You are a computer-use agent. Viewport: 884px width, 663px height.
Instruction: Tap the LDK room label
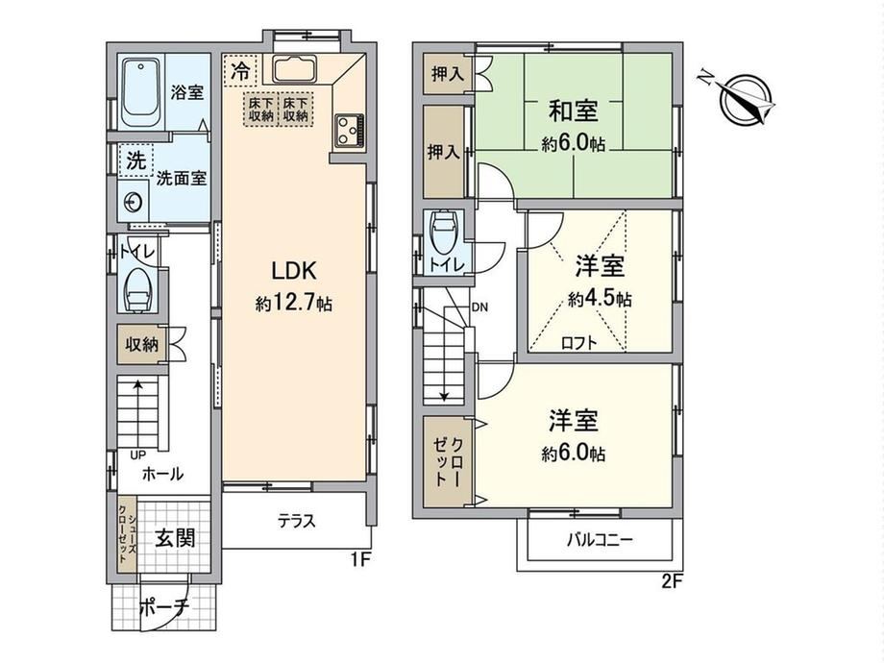click(294, 271)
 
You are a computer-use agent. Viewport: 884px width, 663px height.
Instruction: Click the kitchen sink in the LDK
click(295, 69)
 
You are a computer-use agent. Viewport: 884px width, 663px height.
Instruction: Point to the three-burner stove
click(350, 131)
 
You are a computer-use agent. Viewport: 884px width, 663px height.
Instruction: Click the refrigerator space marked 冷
click(241, 70)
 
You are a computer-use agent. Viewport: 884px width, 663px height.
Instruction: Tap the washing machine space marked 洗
click(135, 161)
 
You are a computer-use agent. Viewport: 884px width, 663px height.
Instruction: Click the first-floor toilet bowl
click(138, 290)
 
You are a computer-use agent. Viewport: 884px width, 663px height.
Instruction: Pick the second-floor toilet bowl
click(445, 233)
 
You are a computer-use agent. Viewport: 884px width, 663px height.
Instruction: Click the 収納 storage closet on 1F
click(142, 344)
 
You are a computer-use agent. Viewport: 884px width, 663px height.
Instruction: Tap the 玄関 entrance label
click(175, 538)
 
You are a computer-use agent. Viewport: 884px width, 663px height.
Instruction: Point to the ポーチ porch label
click(163, 607)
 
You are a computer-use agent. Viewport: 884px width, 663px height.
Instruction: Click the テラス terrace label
click(297, 521)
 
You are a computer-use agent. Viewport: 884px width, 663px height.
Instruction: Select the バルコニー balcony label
click(600, 540)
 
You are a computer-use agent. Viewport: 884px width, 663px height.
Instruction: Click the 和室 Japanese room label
click(574, 110)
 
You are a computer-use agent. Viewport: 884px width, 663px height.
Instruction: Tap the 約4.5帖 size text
click(600, 298)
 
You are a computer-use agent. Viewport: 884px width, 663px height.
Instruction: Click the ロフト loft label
click(579, 343)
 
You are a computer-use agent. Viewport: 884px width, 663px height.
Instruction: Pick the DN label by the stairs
click(479, 307)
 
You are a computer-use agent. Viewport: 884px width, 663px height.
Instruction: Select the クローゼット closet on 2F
click(446, 461)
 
